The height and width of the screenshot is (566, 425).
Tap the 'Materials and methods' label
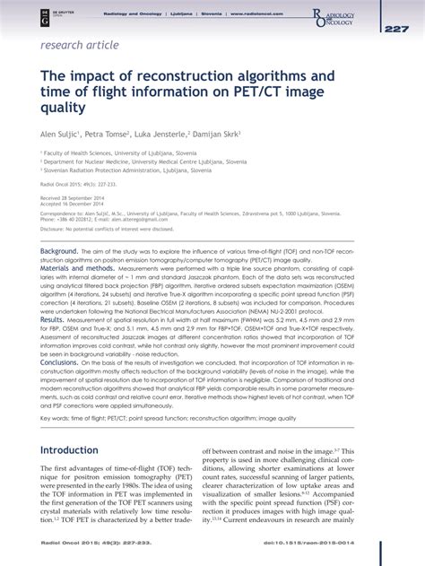coord(76,267)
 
